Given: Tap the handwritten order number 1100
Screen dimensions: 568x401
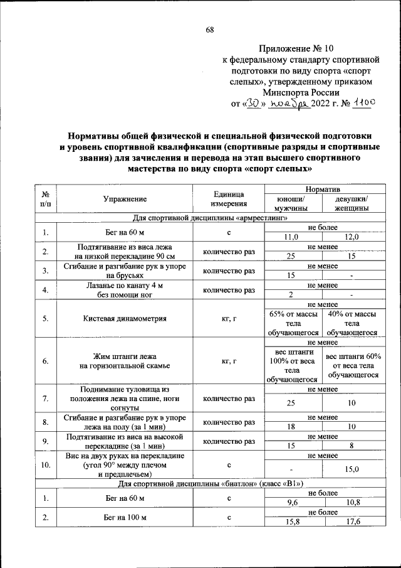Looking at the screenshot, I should pos(364,104).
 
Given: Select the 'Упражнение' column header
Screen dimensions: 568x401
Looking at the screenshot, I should pos(125,199).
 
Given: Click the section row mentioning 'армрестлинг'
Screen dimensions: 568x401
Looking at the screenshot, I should pos(211,218).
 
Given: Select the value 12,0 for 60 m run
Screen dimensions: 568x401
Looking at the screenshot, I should pos(352,237).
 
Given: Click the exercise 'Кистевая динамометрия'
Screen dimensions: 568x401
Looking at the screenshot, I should pos(125,318).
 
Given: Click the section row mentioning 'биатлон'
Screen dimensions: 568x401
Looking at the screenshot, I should pos(211,484).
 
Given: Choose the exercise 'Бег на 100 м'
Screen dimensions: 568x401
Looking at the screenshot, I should pos(125,517).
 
